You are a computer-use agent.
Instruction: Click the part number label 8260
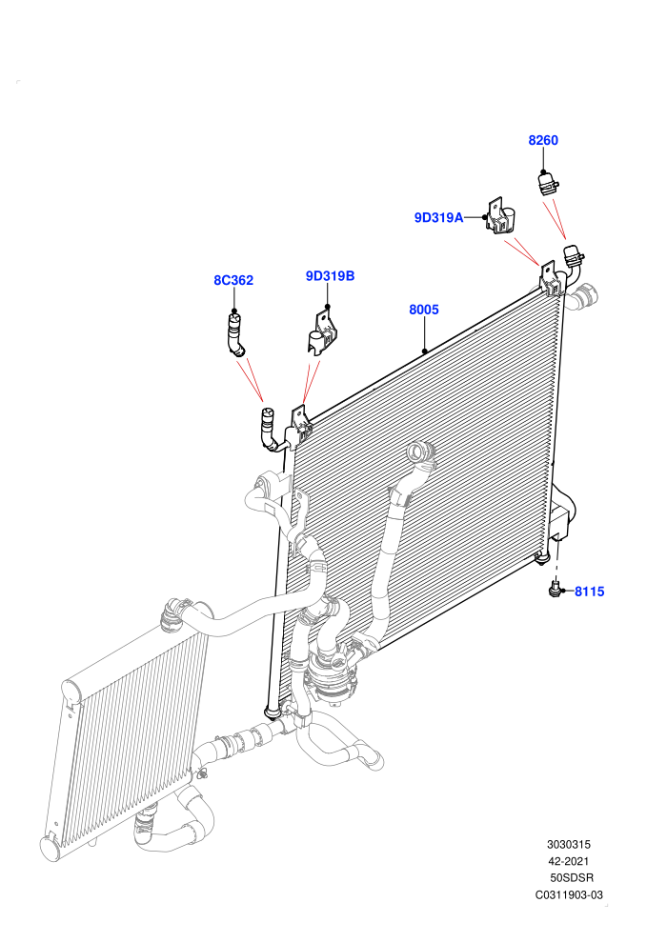(x=543, y=140)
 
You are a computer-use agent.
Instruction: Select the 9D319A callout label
(x=438, y=218)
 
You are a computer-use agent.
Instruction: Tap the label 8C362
(x=233, y=280)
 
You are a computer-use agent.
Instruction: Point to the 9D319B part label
(x=331, y=276)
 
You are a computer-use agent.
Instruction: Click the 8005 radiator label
(x=424, y=310)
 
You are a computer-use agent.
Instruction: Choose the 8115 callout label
(x=590, y=592)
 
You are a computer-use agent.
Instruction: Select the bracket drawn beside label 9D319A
(x=501, y=216)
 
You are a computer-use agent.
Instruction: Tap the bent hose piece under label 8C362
(x=235, y=335)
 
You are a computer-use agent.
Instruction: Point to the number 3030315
(x=568, y=844)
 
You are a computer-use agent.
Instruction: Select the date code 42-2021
(x=568, y=861)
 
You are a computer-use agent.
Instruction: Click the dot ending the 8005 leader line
(x=425, y=351)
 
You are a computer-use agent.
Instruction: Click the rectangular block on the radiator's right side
(x=559, y=522)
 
